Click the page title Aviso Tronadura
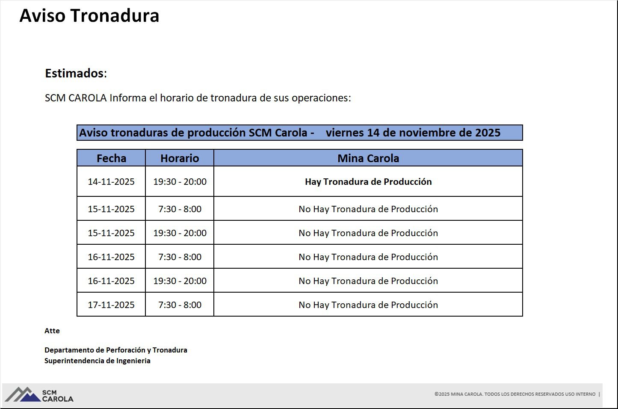89,15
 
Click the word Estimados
74,74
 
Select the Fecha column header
112,158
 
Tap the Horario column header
180,158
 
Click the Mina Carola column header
368,158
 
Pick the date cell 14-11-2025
111,181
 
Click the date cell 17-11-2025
111,305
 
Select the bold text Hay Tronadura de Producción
368,181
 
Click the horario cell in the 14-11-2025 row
180,181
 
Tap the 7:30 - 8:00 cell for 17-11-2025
180,305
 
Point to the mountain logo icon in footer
23,394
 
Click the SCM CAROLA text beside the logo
58,396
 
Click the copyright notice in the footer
515,394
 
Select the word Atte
52,331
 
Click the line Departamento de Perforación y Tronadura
116,350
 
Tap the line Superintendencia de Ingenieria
98,361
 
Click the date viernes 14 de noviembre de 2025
413,133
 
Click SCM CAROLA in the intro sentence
76,98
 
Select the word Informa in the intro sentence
128,98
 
